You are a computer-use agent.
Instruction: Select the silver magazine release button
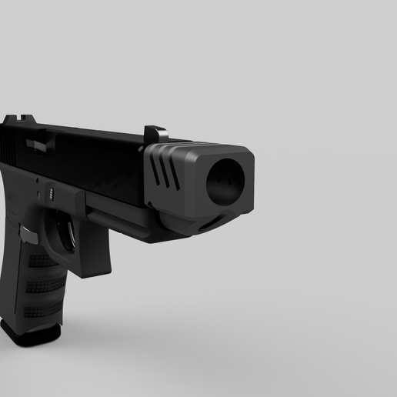click(x=25, y=232)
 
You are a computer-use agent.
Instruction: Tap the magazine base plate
click(x=31, y=332)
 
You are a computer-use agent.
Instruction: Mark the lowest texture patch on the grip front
click(x=43, y=312)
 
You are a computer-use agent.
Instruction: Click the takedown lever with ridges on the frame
click(x=49, y=190)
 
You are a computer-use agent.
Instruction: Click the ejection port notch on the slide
click(x=35, y=144)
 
